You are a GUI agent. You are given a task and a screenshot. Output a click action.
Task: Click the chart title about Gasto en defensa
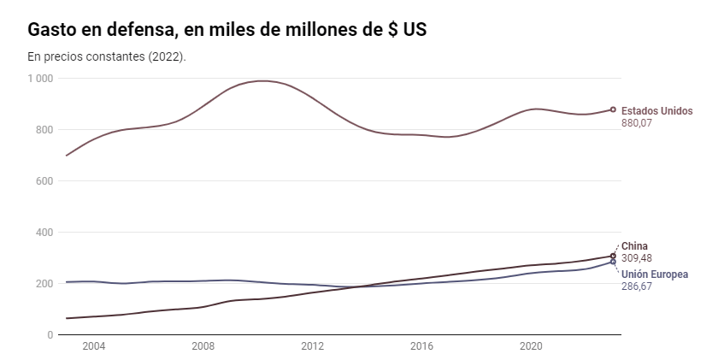coord(227,30)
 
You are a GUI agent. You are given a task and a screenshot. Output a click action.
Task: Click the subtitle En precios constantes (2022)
coord(107,56)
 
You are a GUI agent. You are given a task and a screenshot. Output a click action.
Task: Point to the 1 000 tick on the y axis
coord(40,79)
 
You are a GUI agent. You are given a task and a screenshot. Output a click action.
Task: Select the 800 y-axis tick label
coord(44,130)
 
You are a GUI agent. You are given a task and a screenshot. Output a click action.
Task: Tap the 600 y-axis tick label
coord(44,181)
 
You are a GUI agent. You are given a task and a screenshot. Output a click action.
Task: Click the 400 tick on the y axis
coord(44,233)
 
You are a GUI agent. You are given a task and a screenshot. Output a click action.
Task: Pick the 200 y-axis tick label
coord(44,284)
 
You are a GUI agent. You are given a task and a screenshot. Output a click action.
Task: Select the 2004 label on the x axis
coord(93,346)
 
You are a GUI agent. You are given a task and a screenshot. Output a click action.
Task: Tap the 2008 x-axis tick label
coord(203,346)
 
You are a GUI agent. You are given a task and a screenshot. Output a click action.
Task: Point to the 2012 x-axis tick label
coord(313,346)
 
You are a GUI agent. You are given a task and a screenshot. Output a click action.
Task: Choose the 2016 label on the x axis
coord(422,346)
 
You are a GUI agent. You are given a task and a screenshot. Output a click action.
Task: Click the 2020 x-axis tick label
coord(532,346)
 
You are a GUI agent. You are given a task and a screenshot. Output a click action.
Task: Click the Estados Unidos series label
coord(656,111)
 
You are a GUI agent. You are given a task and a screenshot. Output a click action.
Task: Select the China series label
coord(634,246)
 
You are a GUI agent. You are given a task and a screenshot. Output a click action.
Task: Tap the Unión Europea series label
coord(655,274)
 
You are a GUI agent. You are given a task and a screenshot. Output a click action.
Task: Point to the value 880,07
coord(638,123)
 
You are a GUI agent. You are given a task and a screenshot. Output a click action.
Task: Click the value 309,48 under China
coord(638,258)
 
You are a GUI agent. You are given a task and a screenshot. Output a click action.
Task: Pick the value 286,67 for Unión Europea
coord(638,286)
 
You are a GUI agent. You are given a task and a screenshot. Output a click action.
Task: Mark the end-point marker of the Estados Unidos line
coord(613,109)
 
